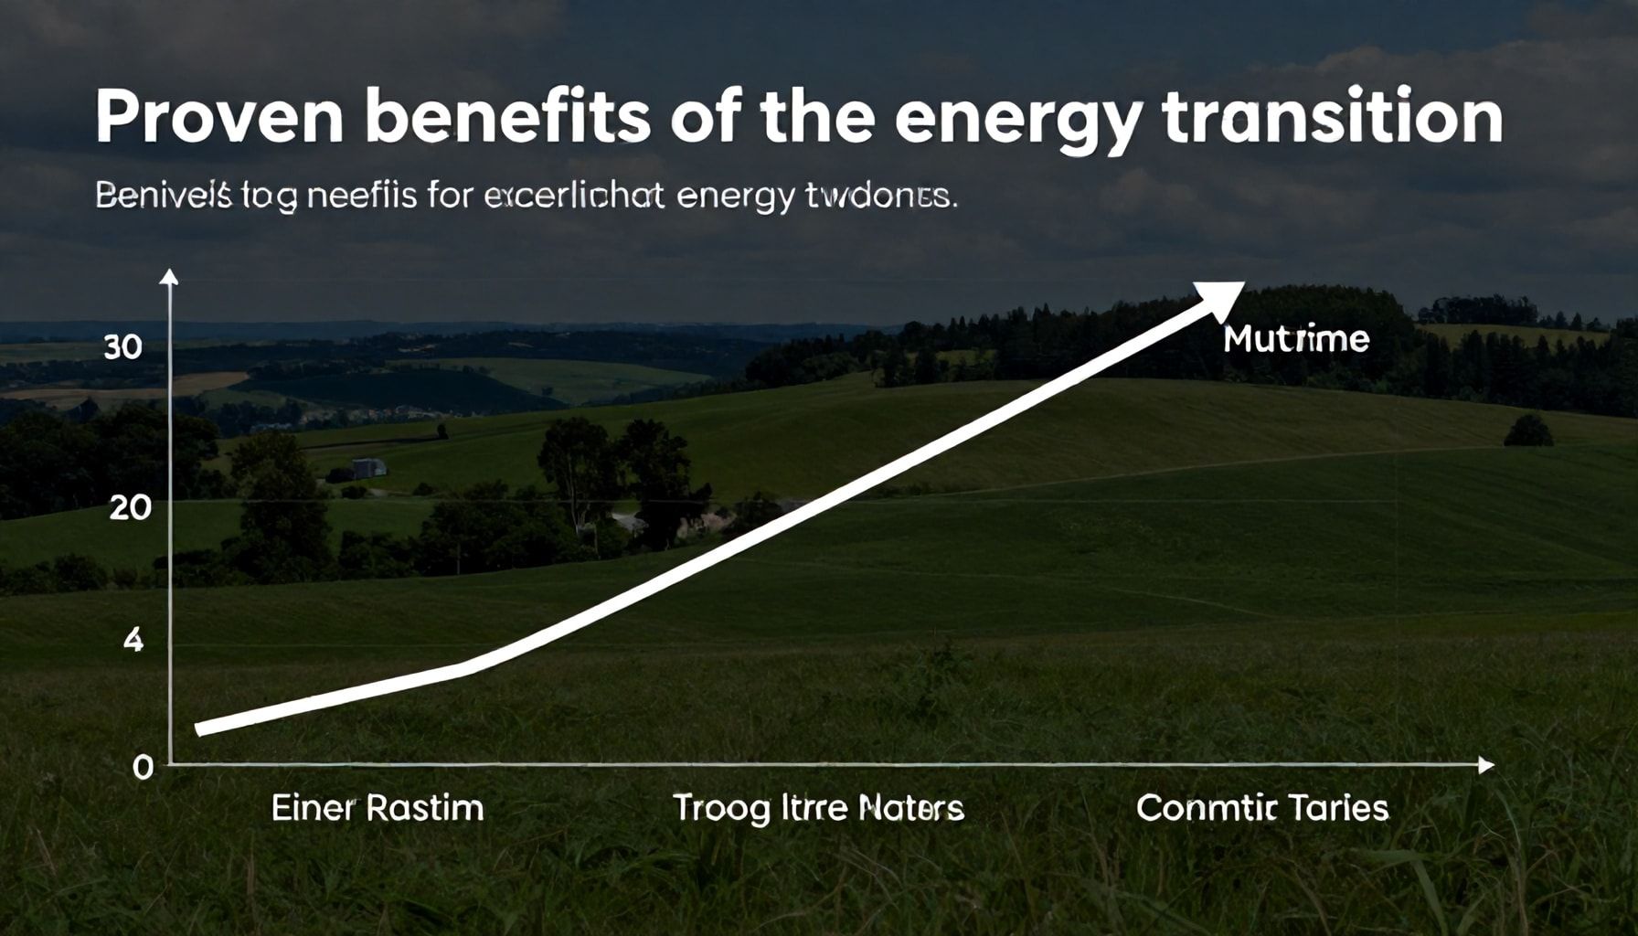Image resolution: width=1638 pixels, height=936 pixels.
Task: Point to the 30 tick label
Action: tap(122, 347)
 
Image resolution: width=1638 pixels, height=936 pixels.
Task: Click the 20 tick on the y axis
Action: tap(130, 507)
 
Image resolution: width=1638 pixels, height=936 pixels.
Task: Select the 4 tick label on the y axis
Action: tap(133, 641)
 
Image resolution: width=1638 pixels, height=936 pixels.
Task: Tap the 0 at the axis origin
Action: tap(143, 768)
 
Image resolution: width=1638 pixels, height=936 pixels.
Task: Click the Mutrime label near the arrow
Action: tap(1296, 340)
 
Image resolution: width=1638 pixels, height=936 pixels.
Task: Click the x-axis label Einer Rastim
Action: tap(378, 808)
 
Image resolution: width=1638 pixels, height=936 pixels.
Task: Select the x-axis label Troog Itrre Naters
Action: tap(818, 808)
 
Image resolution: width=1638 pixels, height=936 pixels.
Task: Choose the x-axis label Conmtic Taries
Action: tap(1262, 808)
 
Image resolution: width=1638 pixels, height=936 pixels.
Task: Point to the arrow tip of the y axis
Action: tap(170, 275)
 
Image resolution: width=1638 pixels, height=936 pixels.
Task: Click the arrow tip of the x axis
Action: tap(1486, 765)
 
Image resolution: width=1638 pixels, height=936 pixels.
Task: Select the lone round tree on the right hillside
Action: tap(1527, 431)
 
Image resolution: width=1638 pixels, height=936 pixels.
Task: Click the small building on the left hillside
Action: tap(368, 467)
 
